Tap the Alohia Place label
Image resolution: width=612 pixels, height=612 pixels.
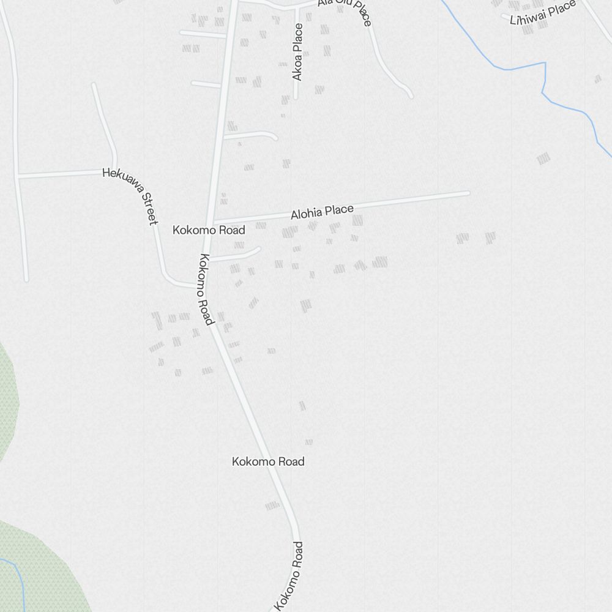(322, 212)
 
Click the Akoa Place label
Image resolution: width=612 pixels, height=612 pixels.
(297, 52)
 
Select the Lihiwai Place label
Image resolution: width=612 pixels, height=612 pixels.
(543, 12)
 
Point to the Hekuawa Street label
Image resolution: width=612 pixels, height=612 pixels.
(130, 196)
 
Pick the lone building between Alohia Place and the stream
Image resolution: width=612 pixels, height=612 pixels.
(543, 159)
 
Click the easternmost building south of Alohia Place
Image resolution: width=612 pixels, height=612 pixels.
(490, 237)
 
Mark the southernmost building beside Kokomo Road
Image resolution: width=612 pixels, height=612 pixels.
(272, 506)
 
